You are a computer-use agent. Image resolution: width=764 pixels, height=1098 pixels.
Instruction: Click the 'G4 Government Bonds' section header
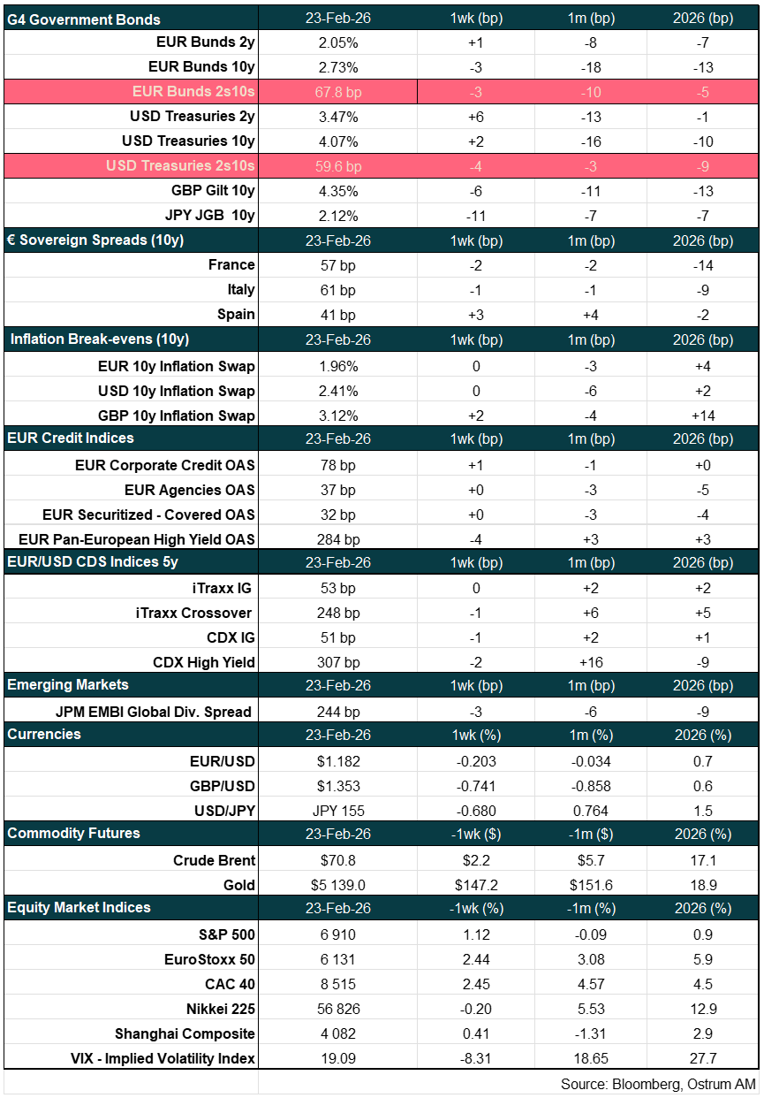[84, 19]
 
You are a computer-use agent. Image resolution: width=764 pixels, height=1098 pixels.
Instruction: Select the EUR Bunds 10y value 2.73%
[338, 67]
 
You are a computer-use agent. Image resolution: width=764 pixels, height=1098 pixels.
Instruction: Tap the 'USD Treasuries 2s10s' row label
[180, 166]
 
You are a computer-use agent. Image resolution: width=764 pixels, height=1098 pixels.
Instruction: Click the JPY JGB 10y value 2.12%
[338, 216]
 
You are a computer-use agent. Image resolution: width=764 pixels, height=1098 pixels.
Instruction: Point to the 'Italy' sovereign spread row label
[240, 290]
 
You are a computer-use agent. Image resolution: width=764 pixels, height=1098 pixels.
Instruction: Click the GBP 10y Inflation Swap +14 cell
[702, 416]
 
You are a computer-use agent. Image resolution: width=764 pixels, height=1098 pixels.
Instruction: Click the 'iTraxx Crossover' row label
[202, 613]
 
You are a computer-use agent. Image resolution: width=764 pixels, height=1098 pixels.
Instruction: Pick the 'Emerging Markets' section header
[68, 685]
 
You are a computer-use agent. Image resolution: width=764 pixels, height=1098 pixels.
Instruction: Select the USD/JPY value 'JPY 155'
[338, 811]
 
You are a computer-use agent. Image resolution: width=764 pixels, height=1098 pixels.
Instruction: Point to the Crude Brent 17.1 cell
[702, 860]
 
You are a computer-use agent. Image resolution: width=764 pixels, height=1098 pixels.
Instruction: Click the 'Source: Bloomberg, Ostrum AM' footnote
[658, 1083]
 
